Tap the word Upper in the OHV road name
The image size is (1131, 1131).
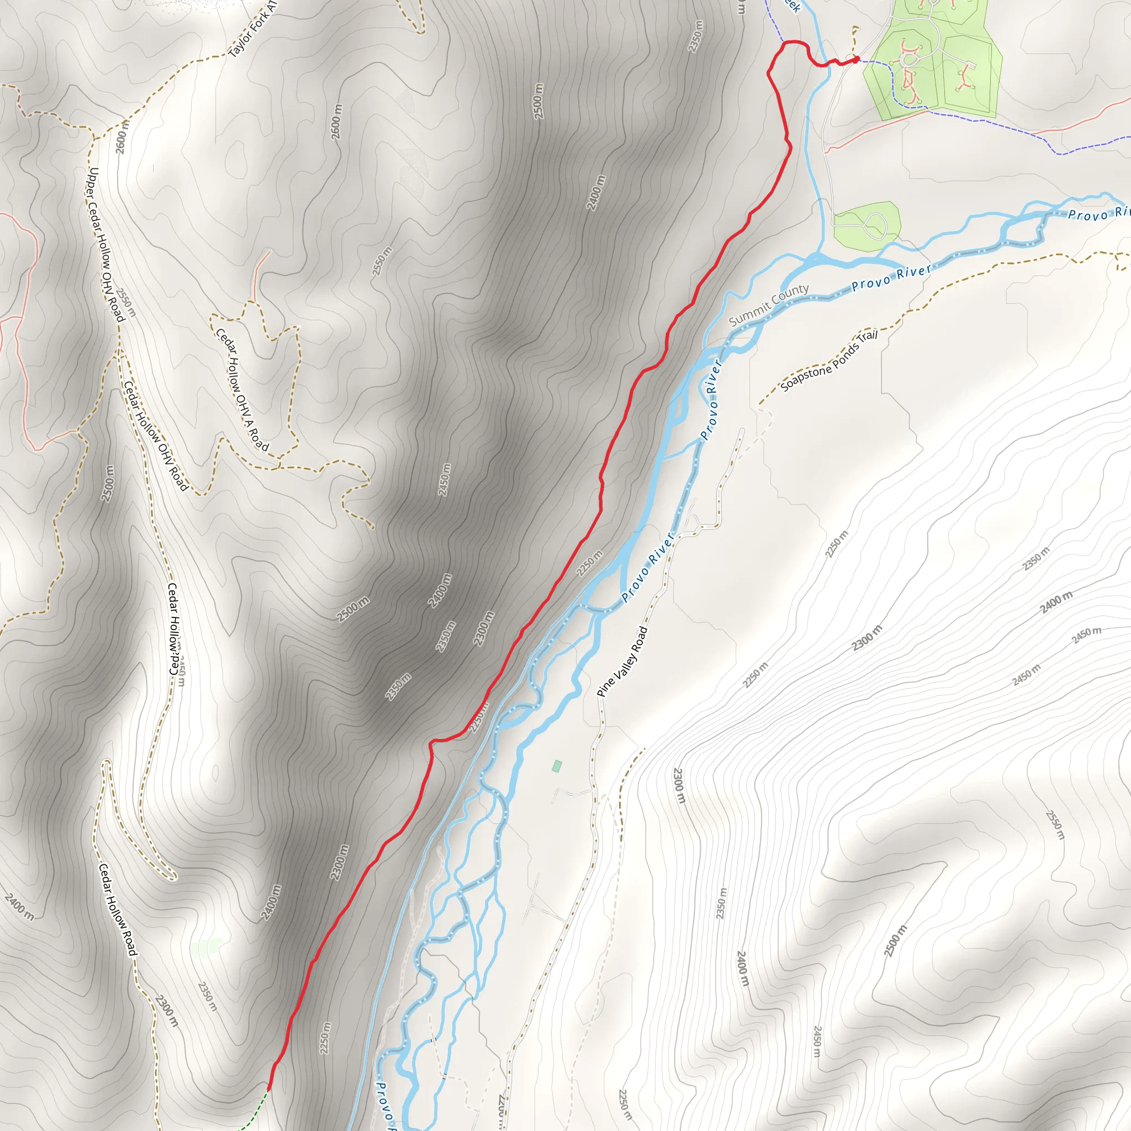(94, 185)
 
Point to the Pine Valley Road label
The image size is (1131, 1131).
(622, 662)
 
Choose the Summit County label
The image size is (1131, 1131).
(769, 304)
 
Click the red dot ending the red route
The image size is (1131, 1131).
(856, 59)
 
